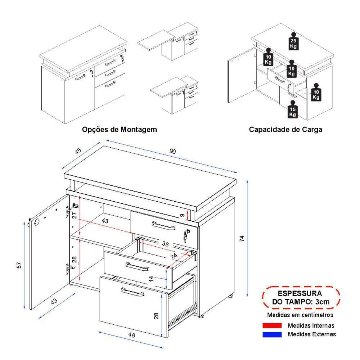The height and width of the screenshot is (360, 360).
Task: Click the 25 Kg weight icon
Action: coord(293,42)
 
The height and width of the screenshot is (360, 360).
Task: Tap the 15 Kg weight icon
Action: coord(293,111)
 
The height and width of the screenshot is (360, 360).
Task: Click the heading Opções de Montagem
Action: coord(120,129)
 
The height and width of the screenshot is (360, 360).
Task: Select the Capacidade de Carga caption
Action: coord(285,129)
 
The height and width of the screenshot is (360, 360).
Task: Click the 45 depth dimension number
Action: coord(78,151)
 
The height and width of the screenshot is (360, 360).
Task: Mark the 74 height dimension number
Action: coord(242,238)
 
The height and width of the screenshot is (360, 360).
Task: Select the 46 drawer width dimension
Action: coord(132,335)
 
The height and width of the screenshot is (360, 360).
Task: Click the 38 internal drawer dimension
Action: coord(165,244)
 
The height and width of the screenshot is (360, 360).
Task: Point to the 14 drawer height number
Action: coord(161,278)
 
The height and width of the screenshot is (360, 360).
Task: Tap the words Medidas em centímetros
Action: coord(300,315)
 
